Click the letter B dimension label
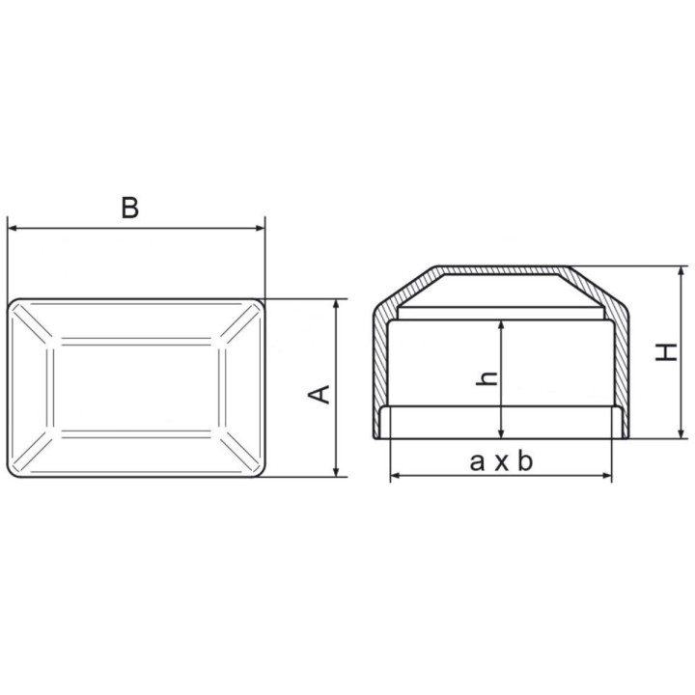pos(130,208)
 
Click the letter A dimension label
pos(320,395)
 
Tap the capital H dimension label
pos(666,352)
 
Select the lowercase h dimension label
pos(486,378)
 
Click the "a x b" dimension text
pos(501,461)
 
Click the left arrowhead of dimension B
pos(13,228)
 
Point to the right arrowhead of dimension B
pos(261,228)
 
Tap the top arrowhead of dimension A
pos(337,304)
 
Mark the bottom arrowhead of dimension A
pos(337,472)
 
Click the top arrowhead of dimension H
pos(681,271)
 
